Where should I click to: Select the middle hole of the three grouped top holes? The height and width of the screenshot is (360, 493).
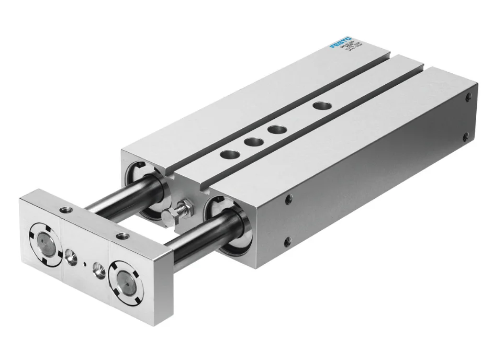tap(253, 141)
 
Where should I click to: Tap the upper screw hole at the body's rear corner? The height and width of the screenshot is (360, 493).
tap(468, 96)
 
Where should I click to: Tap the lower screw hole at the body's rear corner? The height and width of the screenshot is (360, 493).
tap(466, 137)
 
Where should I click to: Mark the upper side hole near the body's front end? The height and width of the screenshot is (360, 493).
tap(288, 199)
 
